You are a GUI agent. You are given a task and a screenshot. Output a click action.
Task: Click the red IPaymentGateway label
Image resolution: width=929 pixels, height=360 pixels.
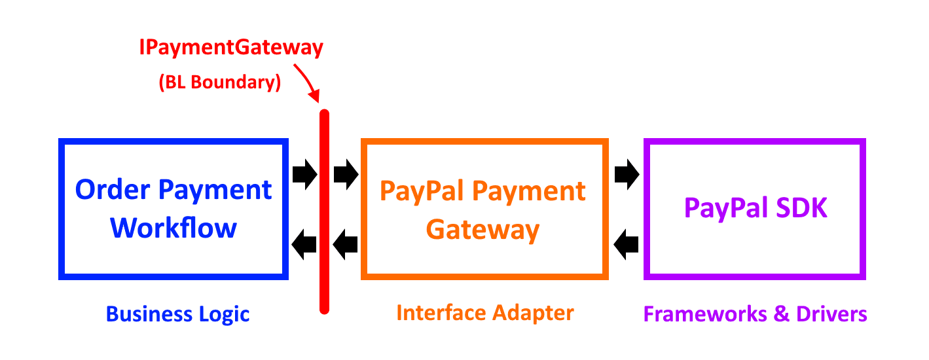[x=231, y=48]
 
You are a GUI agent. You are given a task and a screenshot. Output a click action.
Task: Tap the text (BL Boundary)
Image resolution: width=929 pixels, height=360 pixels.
[x=220, y=83]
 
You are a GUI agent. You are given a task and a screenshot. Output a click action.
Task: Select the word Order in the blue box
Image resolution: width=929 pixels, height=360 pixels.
[x=113, y=190]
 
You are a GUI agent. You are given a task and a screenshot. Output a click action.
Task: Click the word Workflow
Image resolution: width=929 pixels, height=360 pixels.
[x=173, y=228]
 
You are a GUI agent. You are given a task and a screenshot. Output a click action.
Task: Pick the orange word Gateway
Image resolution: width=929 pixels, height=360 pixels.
[x=483, y=230]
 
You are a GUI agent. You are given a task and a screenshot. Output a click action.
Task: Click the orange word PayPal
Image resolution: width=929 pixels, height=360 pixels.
[x=422, y=191]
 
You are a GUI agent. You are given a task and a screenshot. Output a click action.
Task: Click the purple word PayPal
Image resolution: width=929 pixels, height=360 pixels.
[x=725, y=208]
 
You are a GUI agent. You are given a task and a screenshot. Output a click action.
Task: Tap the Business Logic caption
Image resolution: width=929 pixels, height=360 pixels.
[x=178, y=314]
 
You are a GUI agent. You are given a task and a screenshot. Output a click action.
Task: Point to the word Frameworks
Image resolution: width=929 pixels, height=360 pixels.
[x=697, y=314]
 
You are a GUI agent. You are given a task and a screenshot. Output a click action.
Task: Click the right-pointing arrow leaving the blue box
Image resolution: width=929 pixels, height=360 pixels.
[x=304, y=175]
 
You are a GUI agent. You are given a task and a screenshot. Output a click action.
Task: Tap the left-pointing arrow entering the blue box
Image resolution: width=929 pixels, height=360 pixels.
[x=304, y=245]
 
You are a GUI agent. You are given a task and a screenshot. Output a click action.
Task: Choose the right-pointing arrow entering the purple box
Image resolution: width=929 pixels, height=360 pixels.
[x=627, y=175]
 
